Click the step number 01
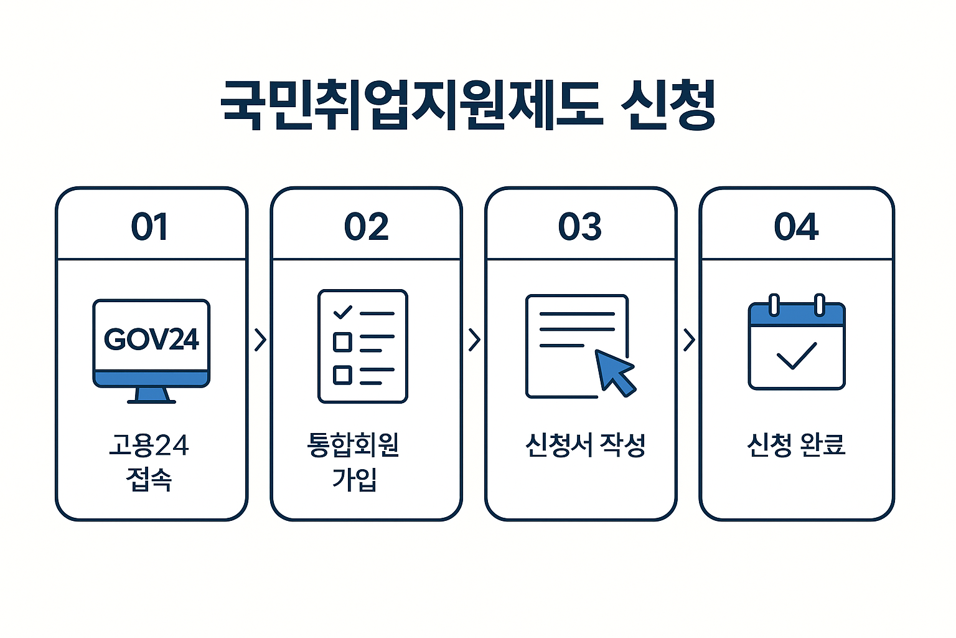click(x=149, y=227)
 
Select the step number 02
click(x=366, y=227)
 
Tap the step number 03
click(x=580, y=227)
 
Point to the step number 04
click(x=796, y=227)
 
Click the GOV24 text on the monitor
click(x=151, y=340)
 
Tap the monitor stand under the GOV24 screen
click(x=151, y=395)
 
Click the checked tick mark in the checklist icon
click(x=342, y=312)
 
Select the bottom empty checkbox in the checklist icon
click(x=342, y=374)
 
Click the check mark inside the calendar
click(x=796, y=356)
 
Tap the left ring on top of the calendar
click(x=774, y=305)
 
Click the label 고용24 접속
click(x=149, y=462)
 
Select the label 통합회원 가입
click(x=354, y=462)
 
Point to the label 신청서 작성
click(x=585, y=445)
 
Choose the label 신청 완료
click(x=796, y=445)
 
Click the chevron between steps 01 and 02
click(x=260, y=340)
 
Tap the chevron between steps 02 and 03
click(x=474, y=340)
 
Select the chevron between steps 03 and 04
click(x=688, y=340)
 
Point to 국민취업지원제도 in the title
click(x=411, y=105)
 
